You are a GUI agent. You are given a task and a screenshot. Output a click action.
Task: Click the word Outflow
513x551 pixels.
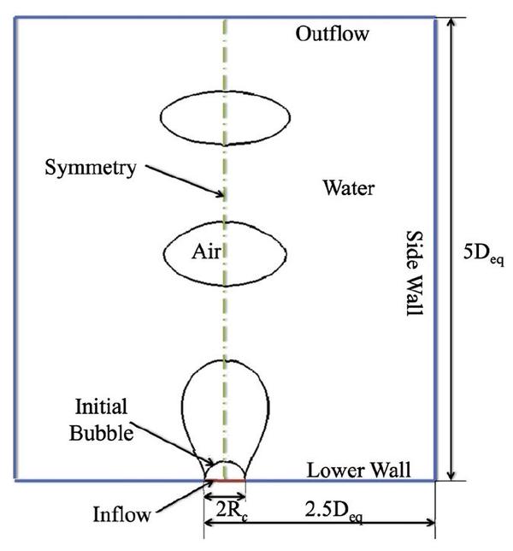pos(332,35)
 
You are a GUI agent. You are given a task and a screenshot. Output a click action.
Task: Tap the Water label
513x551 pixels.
pos(348,187)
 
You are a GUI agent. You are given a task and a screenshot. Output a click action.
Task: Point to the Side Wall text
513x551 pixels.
pos(414,274)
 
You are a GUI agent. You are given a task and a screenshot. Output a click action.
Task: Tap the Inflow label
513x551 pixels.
pos(122,514)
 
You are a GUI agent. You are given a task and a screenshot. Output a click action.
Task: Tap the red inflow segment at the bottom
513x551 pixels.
pos(225,481)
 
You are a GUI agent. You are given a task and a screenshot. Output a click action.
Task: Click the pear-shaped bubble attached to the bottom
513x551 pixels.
pos(227,402)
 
